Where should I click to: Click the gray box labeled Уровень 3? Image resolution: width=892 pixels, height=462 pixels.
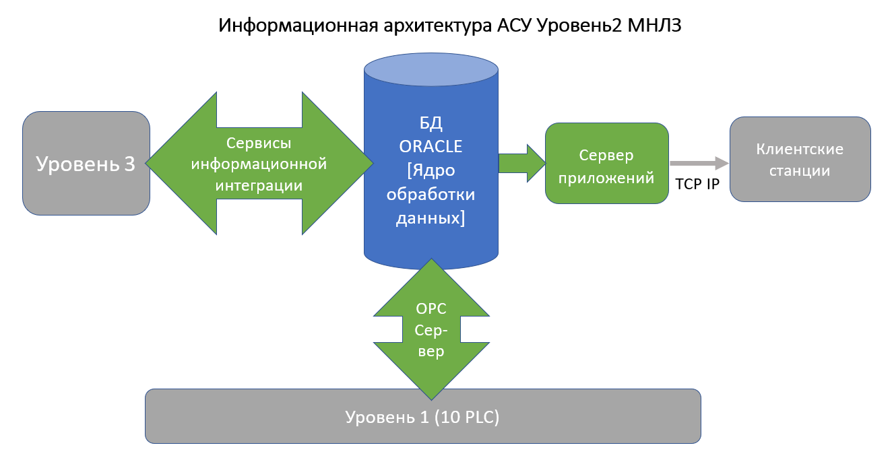86,164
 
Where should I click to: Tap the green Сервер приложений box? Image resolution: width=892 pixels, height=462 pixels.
606,163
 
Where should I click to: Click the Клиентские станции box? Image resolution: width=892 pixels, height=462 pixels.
800,160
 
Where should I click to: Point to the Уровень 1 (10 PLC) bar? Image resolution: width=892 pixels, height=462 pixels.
422,416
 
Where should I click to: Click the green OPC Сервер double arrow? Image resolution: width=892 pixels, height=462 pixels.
431,330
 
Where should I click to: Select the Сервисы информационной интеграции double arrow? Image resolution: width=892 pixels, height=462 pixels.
259,164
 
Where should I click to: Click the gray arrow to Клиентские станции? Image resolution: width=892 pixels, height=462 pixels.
699,164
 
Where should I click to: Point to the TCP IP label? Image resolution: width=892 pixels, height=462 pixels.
698,184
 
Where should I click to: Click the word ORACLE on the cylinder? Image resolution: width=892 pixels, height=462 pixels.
431,146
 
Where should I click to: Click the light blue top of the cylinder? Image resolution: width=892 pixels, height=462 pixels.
431,69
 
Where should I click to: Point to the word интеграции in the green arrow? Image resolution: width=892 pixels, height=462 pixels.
259,185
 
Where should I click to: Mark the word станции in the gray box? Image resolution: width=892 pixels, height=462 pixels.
800,170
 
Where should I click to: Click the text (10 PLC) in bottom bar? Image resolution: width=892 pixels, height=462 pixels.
466,417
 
